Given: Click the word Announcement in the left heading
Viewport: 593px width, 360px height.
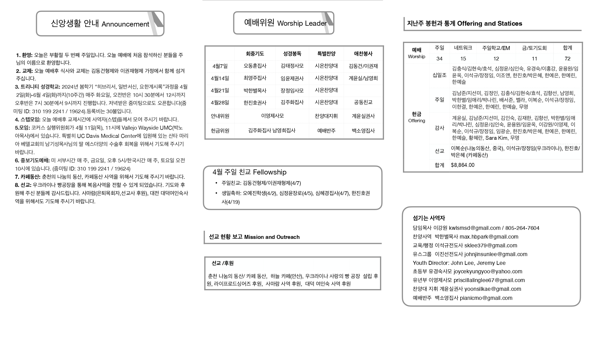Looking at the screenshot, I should (125, 24).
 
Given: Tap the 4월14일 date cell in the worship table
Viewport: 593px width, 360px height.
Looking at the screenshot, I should (220, 78).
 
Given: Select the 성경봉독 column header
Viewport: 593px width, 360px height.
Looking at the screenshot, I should (292, 53).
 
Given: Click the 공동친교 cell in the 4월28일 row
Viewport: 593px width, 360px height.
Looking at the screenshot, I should (363, 102).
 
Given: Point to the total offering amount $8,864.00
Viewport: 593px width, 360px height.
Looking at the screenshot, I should (463, 165).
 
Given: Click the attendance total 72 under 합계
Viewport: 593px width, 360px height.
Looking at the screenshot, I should (567, 59).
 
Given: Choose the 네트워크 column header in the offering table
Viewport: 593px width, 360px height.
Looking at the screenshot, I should (463, 48).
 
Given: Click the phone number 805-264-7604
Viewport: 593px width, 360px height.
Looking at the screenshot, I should (522, 228).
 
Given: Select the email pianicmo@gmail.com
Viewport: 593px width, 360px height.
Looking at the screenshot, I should (486, 298).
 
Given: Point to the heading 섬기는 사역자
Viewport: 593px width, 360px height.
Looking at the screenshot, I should (429, 218).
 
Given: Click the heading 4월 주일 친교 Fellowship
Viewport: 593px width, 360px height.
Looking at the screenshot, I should (249, 172).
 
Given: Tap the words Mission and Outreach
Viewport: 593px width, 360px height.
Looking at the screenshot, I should (272, 237).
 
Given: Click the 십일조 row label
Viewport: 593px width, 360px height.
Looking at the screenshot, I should (439, 75).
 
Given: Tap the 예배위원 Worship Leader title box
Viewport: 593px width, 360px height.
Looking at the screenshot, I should (284, 23).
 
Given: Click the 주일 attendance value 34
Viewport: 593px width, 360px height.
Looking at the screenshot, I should (439, 59).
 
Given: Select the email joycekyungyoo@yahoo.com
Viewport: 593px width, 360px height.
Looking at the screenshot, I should (488, 271).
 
